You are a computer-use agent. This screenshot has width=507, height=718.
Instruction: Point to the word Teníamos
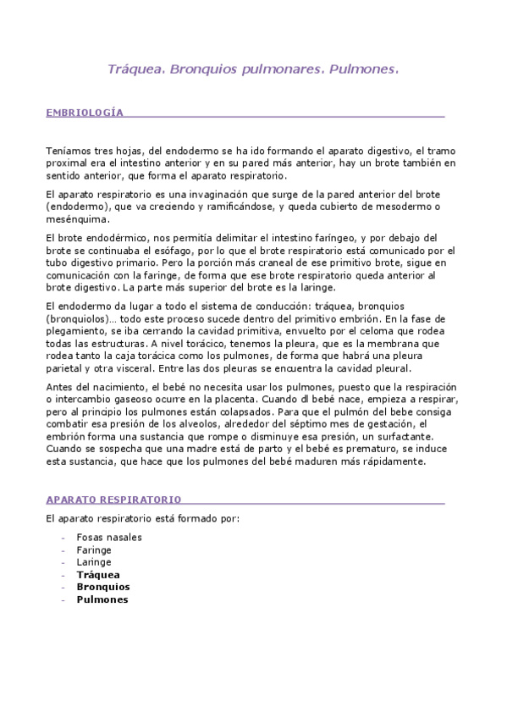68,150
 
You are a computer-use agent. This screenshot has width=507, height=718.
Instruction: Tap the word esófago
166,251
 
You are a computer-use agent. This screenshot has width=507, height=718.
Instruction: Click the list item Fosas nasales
109,537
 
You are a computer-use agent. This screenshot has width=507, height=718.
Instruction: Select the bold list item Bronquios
102,586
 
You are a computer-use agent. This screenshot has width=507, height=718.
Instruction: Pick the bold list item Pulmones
102,599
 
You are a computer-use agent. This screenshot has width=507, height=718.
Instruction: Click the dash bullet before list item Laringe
64,561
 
